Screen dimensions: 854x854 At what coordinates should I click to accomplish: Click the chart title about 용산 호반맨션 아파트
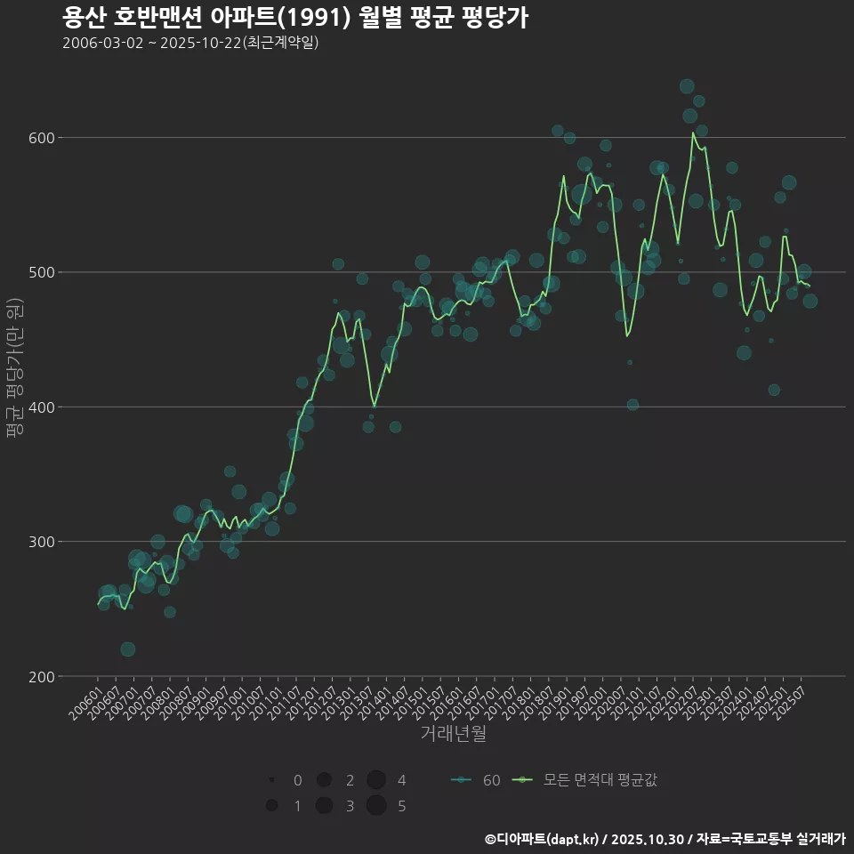(295, 17)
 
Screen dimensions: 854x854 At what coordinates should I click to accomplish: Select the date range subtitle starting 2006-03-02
(190, 43)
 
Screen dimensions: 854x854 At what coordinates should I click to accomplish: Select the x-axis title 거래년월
(453, 734)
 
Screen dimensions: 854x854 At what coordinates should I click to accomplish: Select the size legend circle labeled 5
(375, 806)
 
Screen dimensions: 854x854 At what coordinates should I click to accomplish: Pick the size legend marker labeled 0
(271, 780)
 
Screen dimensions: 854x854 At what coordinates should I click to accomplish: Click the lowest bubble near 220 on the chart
(128, 649)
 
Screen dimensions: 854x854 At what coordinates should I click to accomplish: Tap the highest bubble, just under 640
(687, 86)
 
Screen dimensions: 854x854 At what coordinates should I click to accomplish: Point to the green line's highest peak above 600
(693, 133)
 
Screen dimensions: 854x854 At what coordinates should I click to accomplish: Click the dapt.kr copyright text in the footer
(665, 839)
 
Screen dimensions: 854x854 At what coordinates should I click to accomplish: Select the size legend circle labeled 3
(324, 806)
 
